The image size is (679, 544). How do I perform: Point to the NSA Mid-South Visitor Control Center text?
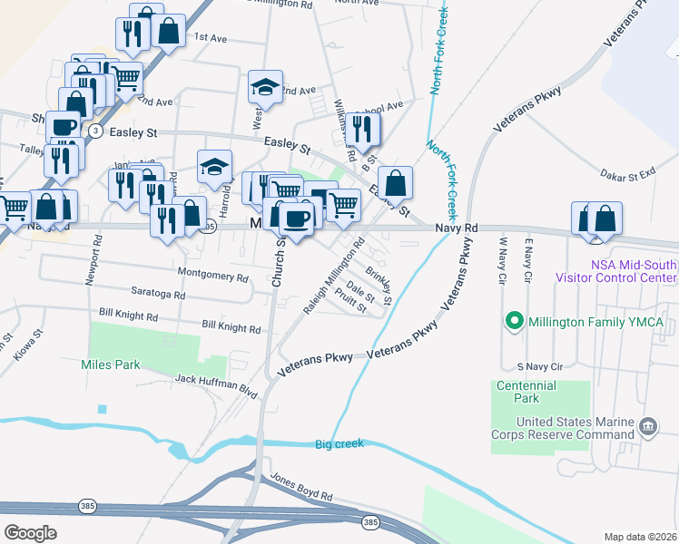coord(616,271)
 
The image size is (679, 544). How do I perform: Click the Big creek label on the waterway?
coord(339,443)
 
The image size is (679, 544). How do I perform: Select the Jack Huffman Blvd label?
coord(217,384)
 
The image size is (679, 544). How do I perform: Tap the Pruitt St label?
coord(349,303)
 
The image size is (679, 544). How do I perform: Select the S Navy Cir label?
coord(534,366)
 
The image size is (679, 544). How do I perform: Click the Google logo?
coord(30,532)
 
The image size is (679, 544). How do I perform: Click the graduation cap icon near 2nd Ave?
coord(265,87)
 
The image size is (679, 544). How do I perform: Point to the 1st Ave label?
coord(210,38)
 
